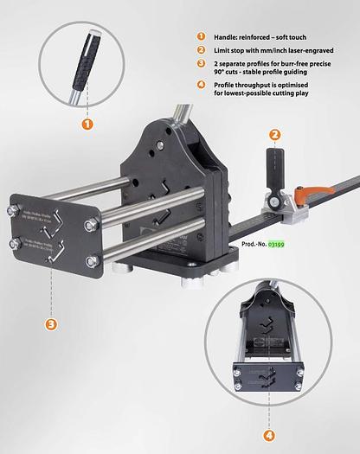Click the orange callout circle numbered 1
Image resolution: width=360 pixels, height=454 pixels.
click(x=87, y=123)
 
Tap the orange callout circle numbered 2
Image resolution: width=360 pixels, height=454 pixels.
click(x=275, y=135)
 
